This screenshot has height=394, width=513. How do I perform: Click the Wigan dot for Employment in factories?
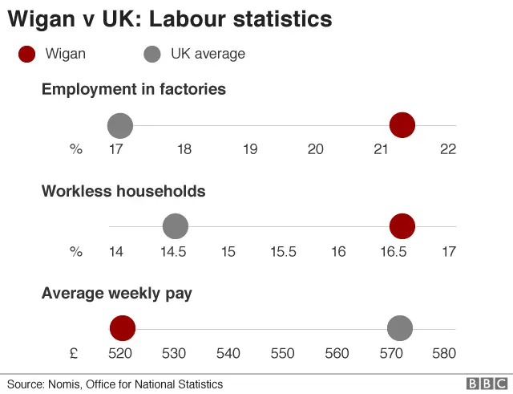click(402, 125)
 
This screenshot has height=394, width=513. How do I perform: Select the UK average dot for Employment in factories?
click(120, 125)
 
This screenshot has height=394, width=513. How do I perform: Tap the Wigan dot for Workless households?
click(402, 226)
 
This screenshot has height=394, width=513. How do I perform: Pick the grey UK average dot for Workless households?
click(175, 226)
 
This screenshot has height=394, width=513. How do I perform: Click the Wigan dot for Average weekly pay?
click(123, 328)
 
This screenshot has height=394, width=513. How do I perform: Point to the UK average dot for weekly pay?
click(399, 328)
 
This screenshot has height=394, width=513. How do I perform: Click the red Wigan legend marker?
click(27, 55)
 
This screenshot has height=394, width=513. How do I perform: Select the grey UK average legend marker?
click(151, 55)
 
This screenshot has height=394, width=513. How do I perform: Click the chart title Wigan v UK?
click(171, 18)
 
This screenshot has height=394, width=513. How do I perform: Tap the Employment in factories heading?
click(133, 89)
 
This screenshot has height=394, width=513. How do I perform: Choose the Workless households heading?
click(123, 191)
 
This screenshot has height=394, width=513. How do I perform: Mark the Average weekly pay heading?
click(117, 294)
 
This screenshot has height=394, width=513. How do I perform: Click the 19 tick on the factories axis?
click(249, 149)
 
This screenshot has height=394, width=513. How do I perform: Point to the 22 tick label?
click(447, 149)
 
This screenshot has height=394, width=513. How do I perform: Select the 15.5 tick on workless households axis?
click(283, 251)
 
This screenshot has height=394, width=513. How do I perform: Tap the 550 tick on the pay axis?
click(283, 353)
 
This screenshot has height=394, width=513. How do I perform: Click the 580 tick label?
click(444, 353)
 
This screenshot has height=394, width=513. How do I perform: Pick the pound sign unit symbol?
click(73, 353)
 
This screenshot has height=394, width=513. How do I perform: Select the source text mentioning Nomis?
click(115, 384)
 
